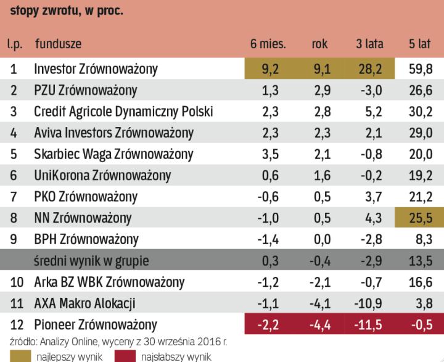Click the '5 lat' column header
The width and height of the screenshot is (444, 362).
419,44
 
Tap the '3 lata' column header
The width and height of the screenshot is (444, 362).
370,44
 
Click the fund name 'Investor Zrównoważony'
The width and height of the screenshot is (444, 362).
96,68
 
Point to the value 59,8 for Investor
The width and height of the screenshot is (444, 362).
419,68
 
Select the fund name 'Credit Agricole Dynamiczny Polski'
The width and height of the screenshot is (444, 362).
124,112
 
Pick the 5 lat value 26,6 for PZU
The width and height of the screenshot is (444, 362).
419,90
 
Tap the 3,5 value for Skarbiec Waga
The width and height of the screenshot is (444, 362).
270,154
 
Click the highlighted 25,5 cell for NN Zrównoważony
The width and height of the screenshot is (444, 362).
419,218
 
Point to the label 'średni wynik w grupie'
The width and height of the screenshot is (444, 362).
92,260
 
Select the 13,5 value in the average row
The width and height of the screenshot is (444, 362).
419,260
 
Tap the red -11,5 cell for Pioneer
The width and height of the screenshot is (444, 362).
368,324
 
